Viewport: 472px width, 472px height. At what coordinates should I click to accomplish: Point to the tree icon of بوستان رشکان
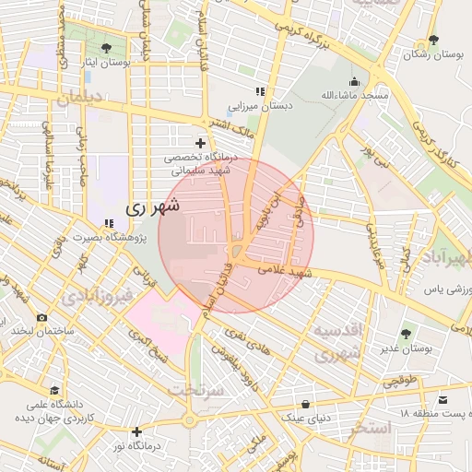[433, 41]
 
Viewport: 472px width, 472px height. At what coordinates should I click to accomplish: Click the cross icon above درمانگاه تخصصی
[200, 143]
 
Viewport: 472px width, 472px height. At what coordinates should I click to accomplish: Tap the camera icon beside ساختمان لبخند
[41, 317]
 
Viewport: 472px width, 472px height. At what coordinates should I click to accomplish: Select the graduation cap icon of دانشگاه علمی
[54, 391]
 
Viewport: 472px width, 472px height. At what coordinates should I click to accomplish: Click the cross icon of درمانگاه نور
[136, 431]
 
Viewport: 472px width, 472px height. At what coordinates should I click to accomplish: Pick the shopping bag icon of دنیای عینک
[305, 405]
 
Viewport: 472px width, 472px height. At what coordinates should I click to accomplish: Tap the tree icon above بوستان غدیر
[407, 333]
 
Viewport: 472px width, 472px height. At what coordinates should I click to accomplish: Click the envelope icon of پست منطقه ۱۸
[443, 399]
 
